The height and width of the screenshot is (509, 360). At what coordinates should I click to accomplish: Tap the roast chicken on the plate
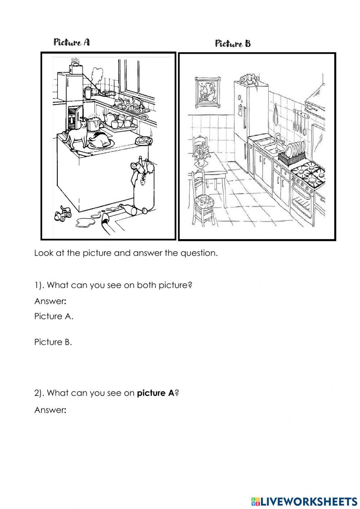tap(99, 140)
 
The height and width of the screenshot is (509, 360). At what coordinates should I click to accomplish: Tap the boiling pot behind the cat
tap(94, 124)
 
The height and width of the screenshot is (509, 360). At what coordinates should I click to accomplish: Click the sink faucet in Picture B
tap(278, 138)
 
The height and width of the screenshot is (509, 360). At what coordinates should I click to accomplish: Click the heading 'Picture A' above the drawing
tap(72, 43)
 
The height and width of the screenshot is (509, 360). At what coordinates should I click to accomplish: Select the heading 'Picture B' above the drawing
tap(233, 44)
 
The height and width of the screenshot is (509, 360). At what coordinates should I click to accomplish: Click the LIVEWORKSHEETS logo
tap(304, 501)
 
